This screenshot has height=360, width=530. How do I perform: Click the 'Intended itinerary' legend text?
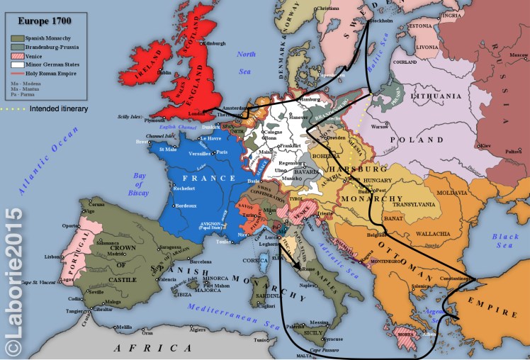pyautogui.click(x=54, y=108)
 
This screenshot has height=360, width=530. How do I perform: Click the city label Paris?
pyautogui.click(x=221, y=152)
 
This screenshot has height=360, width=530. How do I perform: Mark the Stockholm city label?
pyautogui.click(x=381, y=21)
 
